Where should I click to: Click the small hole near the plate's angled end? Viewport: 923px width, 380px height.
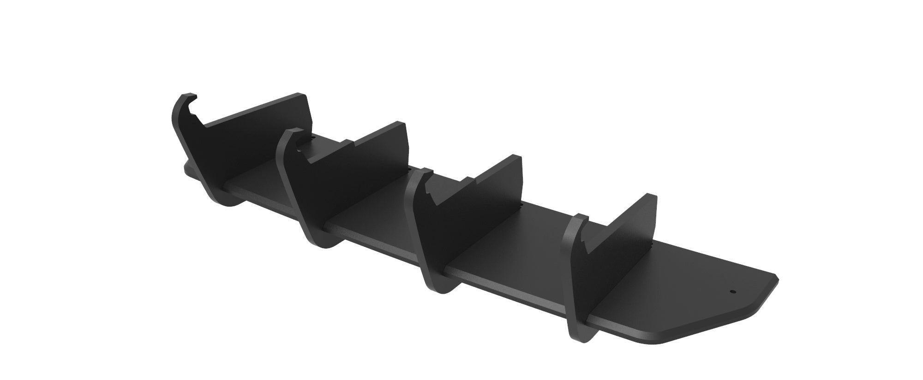click(732, 291)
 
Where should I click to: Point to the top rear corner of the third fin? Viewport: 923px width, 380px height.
click(517, 157)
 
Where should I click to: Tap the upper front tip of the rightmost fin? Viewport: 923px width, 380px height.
click(579, 217)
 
